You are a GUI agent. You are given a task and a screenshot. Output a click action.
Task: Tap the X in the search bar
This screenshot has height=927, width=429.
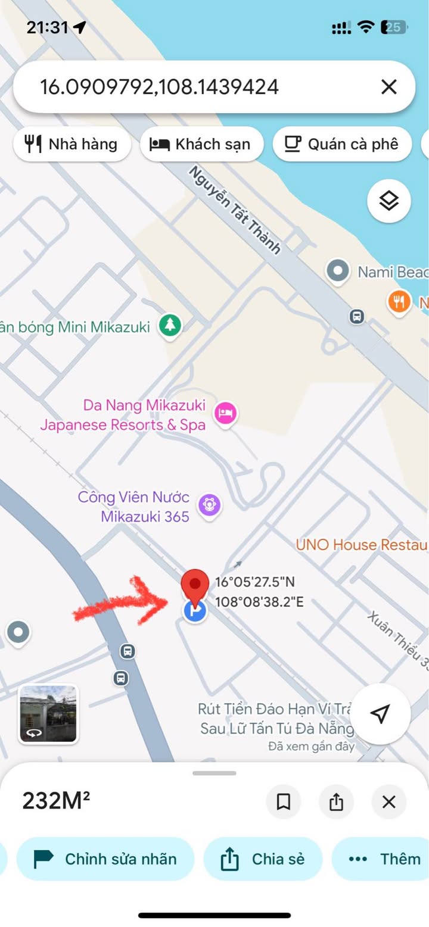(x=388, y=88)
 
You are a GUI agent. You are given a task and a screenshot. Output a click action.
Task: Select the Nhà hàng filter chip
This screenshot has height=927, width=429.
(x=72, y=144)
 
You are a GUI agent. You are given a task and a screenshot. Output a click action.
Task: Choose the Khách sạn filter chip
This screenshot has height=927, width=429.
(x=201, y=144)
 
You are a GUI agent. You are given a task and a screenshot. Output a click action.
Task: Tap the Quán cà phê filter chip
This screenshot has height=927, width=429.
(x=342, y=144)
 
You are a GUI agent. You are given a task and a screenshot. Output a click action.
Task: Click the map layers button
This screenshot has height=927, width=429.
(x=388, y=201)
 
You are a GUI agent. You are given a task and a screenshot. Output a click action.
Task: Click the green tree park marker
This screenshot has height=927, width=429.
(x=170, y=325)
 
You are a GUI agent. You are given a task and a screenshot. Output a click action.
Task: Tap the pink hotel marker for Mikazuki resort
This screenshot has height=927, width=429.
(x=226, y=412)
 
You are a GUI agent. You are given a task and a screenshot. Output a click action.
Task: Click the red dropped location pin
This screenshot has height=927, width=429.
(x=195, y=583)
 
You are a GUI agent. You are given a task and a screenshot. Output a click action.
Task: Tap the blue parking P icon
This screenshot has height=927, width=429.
(x=194, y=610)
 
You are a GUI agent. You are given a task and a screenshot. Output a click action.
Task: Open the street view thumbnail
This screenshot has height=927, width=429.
(x=48, y=714)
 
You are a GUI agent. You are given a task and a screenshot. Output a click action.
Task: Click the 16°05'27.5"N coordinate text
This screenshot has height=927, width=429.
(x=254, y=582)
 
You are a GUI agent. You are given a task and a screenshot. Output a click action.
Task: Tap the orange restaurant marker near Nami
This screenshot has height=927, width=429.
(x=399, y=302)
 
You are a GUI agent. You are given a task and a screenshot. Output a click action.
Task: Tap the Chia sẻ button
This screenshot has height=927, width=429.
(x=263, y=859)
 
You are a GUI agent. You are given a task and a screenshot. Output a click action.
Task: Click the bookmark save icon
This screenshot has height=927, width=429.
(x=284, y=802)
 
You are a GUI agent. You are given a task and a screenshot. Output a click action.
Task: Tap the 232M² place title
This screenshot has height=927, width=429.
(x=56, y=801)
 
